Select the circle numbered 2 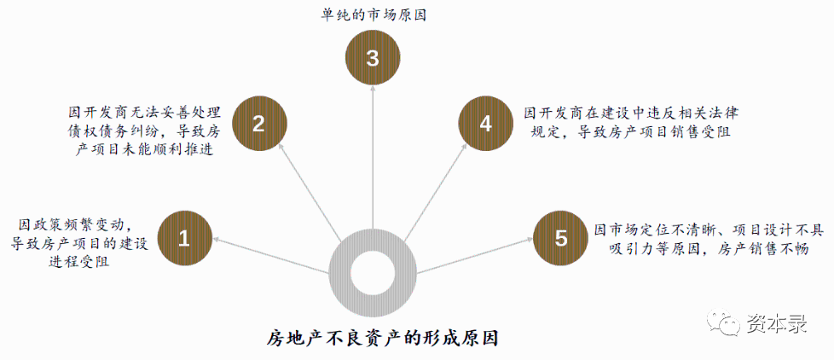(x=258, y=124)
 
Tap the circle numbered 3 (x=372, y=59)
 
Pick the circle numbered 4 (x=486, y=124)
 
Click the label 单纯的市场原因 (x=372, y=15)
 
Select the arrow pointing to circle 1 (x=273, y=255)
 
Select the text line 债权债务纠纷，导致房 (x=145, y=131)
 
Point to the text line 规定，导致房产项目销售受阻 (x=632, y=131)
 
